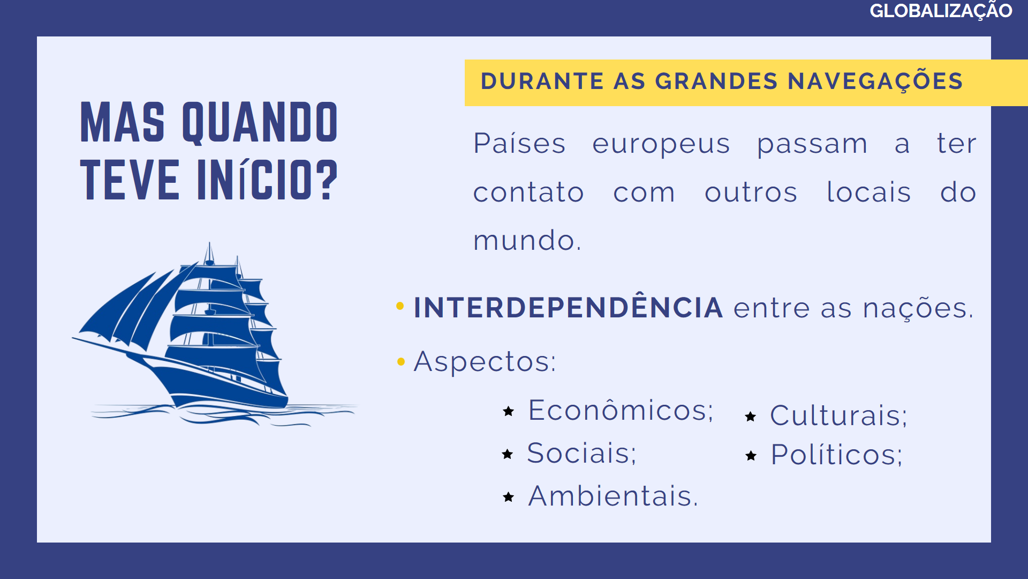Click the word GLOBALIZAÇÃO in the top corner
tap(941, 11)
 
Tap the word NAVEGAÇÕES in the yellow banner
tap(875, 81)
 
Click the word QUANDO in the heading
tap(260, 123)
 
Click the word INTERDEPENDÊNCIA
tap(568, 307)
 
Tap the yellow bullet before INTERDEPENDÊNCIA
tap(400, 306)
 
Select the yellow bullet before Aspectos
tap(401, 362)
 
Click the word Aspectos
tap(485, 362)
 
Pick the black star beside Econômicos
tap(509, 411)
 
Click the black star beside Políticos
tap(751, 456)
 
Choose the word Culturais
tap(838, 415)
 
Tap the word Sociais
tap(582, 453)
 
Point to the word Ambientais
tap(613, 496)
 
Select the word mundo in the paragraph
tap(527, 240)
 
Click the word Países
tap(519, 143)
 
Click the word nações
tap(918, 308)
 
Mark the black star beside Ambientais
tap(509, 497)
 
